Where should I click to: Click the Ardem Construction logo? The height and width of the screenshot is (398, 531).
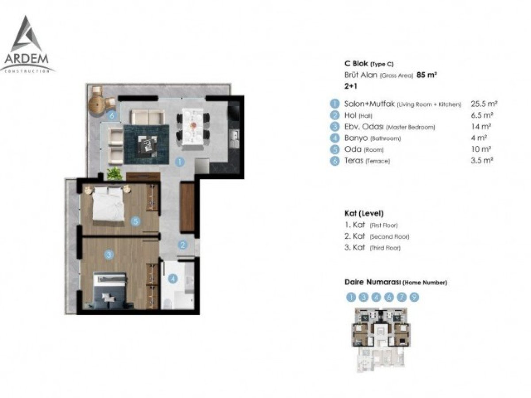(x=27, y=45)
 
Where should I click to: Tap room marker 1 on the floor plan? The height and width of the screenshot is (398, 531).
(x=179, y=162)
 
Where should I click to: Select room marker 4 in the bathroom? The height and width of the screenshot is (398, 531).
(x=173, y=279)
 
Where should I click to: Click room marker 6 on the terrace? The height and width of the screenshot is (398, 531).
(x=112, y=115)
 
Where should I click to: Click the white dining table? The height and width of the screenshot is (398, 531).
(x=192, y=130)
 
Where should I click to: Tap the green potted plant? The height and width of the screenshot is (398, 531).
(x=115, y=173)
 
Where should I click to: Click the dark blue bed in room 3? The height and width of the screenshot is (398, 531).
(x=110, y=291)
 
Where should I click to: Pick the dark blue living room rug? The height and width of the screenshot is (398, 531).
(x=146, y=144)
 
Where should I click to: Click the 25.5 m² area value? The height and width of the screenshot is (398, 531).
(x=484, y=104)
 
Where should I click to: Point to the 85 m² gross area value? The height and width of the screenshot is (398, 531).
(x=427, y=75)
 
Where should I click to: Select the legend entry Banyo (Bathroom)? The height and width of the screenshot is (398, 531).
(x=372, y=138)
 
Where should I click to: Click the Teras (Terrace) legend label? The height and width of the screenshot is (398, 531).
(x=367, y=161)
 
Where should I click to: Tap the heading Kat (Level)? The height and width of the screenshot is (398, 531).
(x=364, y=214)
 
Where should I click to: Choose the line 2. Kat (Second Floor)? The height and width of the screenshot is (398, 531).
(x=377, y=236)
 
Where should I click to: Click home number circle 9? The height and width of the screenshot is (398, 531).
(x=414, y=297)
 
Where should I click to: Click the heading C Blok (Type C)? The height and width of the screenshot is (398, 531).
(x=369, y=64)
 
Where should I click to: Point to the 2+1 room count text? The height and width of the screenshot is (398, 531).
(x=350, y=86)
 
